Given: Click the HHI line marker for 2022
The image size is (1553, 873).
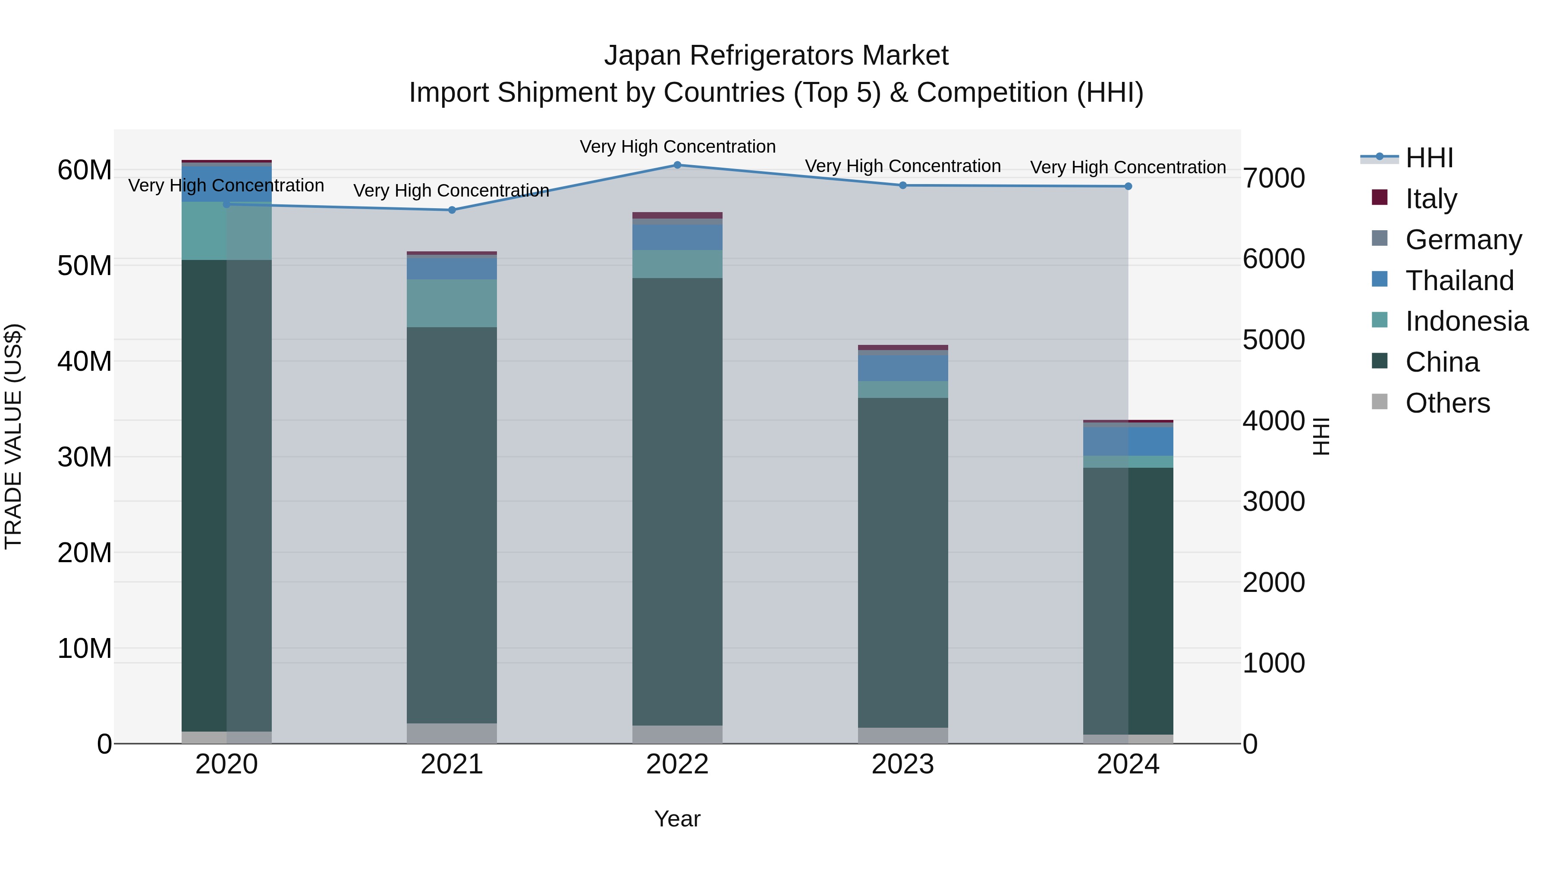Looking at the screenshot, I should (x=677, y=165).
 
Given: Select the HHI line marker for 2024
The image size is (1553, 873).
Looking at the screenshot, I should (x=1128, y=187).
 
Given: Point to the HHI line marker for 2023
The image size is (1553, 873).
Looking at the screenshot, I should (x=902, y=185).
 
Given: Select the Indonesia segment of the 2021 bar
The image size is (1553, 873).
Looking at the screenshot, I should (x=452, y=303).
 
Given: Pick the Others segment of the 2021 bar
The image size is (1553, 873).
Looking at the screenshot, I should (x=452, y=733).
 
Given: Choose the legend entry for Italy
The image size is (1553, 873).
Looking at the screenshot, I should (x=1430, y=199).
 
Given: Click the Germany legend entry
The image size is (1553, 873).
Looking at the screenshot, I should (x=1463, y=240).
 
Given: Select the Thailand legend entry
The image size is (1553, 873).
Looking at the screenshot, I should (x=1459, y=281).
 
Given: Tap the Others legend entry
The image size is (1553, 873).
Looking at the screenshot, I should (x=1447, y=403).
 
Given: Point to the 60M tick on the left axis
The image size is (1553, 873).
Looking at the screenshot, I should (x=85, y=170).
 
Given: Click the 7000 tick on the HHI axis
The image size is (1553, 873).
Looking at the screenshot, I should (x=1274, y=178).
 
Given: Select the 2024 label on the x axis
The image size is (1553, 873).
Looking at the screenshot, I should (x=1128, y=764).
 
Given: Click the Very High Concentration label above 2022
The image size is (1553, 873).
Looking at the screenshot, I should (x=677, y=147).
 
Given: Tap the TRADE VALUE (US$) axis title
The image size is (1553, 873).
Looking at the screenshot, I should (x=13, y=436).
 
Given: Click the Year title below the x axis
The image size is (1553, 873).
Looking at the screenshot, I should (x=677, y=819).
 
